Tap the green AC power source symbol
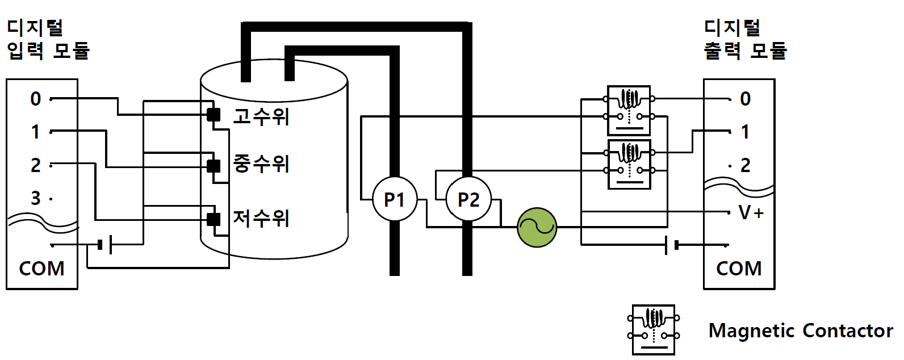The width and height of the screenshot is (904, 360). point(537,227)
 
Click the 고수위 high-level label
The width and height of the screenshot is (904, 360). point(261,116)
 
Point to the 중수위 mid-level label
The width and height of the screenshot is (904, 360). point(261,164)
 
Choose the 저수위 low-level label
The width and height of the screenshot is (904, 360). point(261,219)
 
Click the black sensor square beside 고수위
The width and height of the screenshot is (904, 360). point(214,115)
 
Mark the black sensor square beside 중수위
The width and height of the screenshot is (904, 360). point(214,166)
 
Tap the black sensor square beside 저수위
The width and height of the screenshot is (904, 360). point(214,220)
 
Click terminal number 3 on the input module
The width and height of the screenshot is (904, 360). point(36,198)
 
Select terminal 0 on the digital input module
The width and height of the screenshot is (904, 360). point(36,99)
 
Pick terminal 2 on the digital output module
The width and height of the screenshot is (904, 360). point(745,165)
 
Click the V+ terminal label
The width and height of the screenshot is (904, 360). point(751,212)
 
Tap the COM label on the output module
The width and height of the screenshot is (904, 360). point(739,269)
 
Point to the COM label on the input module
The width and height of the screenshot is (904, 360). point(41,269)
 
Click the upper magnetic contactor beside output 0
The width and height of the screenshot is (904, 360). point(629,110)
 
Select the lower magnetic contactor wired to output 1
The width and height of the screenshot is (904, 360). point(629,164)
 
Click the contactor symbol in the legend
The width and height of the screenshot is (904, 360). point(654,330)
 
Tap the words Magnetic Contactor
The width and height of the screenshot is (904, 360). point(801,331)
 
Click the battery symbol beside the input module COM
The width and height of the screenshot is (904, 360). point(105,245)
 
